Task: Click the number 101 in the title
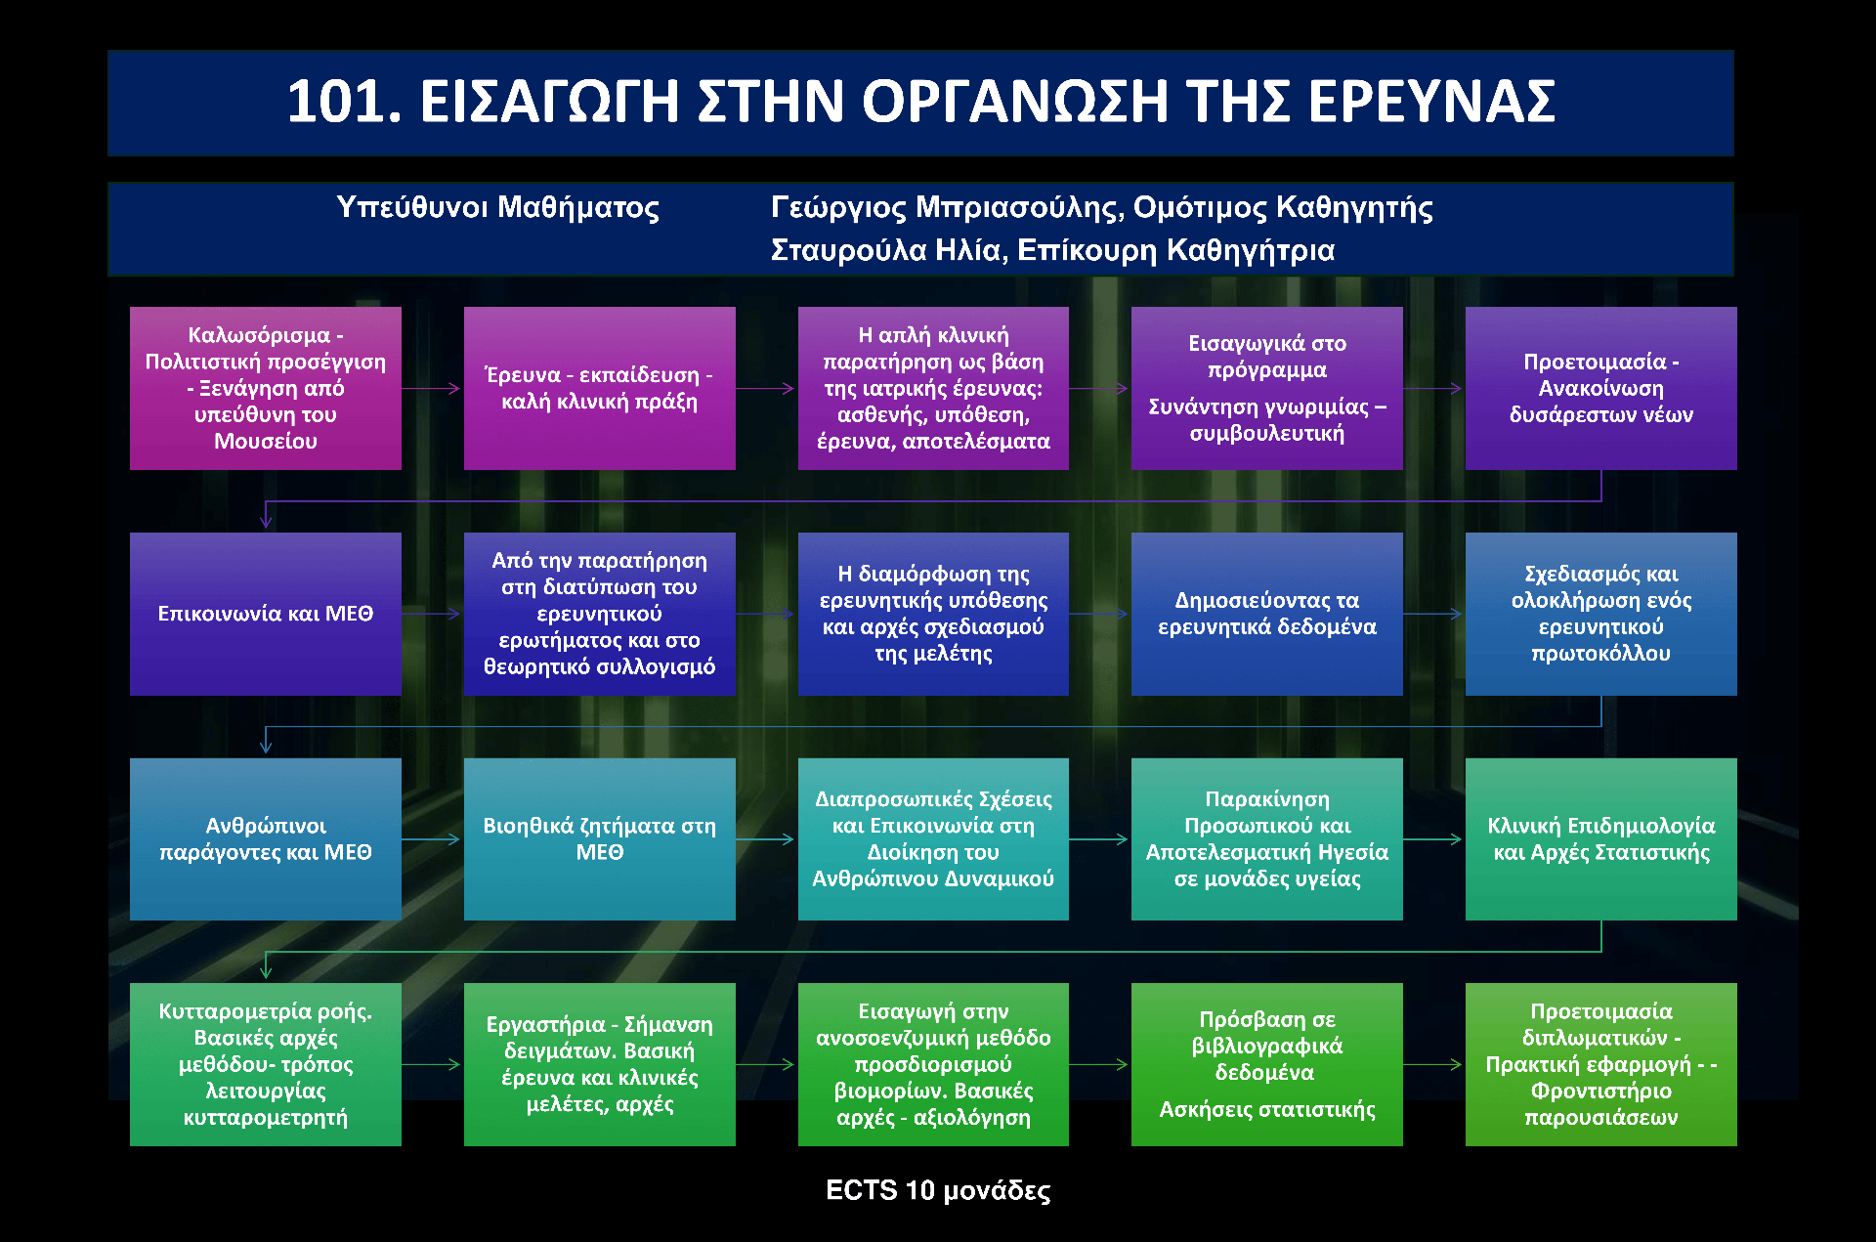pos(344,102)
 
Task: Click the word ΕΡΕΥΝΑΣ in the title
pos(1431,102)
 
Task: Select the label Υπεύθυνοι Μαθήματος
pos(497,208)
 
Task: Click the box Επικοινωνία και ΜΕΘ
pos(266,614)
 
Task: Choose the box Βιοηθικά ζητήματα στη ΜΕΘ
pos(600,839)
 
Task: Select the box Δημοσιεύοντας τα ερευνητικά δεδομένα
pos(1267,614)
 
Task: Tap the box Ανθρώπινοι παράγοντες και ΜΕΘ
pos(266,839)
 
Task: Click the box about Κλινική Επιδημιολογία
pos(1601,839)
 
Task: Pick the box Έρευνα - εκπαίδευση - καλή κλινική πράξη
pos(600,389)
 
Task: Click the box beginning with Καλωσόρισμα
pos(266,389)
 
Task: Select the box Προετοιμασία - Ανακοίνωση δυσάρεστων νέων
pos(1601,389)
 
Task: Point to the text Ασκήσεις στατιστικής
pos(1267,1110)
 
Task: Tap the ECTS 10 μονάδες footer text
pos(938,1190)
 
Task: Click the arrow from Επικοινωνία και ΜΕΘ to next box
pos(431,614)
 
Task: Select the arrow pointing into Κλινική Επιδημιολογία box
pos(1433,839)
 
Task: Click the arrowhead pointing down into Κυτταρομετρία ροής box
pos(266,971)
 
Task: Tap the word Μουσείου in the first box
pos(266,442)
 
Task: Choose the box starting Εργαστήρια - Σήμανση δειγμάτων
pos(600,1065)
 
